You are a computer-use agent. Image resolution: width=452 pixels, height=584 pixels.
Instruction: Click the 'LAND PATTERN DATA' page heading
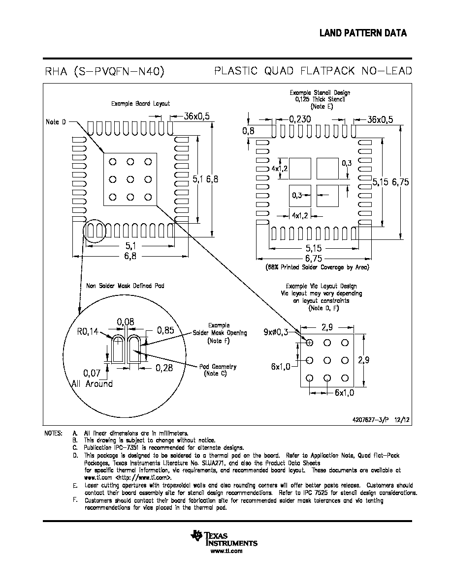coord(363,33)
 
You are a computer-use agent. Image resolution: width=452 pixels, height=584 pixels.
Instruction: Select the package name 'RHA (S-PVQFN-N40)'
coord(105,71)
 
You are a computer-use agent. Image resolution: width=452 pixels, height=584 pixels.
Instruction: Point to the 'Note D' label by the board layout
coord(56,122)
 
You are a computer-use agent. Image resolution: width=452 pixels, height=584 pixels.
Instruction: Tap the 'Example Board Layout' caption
coord(141,104)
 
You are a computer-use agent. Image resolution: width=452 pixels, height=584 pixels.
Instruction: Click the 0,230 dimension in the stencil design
coord(300,119)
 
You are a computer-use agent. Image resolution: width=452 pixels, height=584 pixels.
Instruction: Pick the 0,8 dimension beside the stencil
coord(248,131)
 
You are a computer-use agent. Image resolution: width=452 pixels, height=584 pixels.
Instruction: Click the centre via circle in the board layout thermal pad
coord(130,179)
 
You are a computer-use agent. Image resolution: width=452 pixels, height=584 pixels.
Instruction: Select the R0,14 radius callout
coord(88,331)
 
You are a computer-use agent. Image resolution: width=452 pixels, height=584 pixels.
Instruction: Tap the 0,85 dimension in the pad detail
coord(165,330)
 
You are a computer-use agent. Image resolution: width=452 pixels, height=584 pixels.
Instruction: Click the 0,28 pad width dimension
coord(164,368)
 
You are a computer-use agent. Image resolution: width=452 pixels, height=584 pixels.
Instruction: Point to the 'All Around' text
coord(93,383)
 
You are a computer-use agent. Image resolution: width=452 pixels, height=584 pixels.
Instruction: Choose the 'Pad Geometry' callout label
coord(218,367)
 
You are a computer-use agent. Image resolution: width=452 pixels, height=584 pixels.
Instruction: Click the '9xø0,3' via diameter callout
coord(276,332)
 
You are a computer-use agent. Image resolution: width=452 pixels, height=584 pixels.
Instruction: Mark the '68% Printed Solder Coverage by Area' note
coord(318,267)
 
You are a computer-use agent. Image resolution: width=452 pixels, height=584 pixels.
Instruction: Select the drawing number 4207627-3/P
coord(370,420)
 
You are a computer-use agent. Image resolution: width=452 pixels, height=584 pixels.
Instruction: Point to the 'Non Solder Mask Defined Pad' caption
coord(125,286)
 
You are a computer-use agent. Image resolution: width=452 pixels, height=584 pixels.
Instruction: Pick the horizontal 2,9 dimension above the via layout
coord(327,327)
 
